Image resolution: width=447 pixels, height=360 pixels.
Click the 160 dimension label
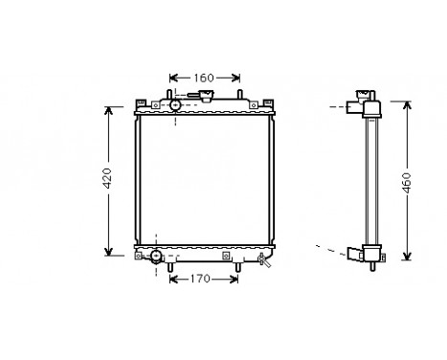pos(203,79)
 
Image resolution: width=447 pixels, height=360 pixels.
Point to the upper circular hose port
pos(175,104)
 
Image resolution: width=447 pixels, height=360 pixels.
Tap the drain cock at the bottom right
pos(260,259)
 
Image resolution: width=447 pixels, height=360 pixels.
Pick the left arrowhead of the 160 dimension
pos(173,79)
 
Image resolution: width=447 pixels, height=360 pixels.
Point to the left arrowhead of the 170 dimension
pos(173,280)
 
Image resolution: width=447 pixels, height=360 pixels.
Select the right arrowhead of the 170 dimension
pos(235,280)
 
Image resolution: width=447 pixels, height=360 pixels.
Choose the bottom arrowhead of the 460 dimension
pos(409,259)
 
